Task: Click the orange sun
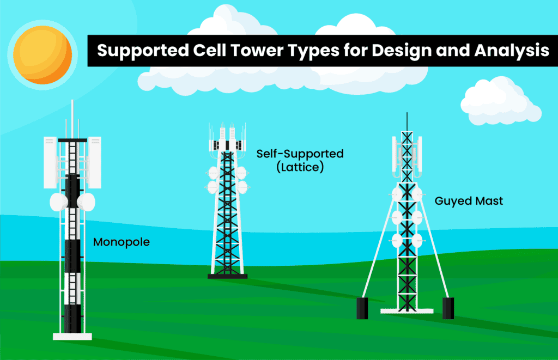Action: point(43,53)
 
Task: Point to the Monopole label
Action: point(121,241)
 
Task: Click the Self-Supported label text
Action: point(300,154)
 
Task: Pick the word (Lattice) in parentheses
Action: point(300,168)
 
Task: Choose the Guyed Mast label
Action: point(469,201)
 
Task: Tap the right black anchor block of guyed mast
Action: point(448,308)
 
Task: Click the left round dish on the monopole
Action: point(58,202)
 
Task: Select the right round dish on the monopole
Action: point(86,202)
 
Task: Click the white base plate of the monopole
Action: point(72,336)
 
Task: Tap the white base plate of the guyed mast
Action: point(407,310)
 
